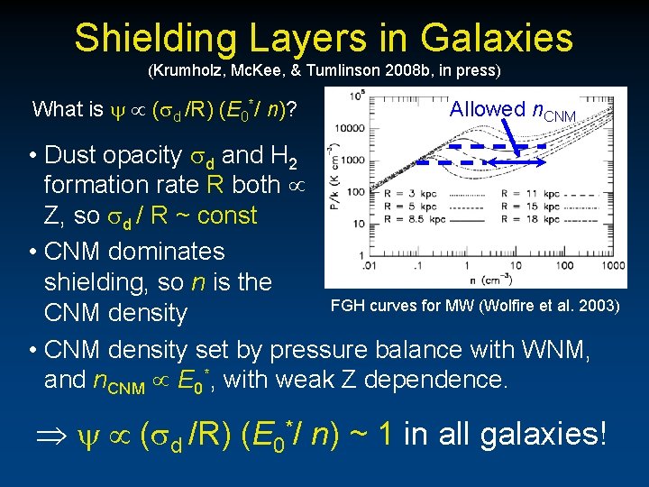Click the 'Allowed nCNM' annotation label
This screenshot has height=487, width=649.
coord(512,110)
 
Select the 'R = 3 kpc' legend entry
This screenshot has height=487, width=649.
coord(399,193)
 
